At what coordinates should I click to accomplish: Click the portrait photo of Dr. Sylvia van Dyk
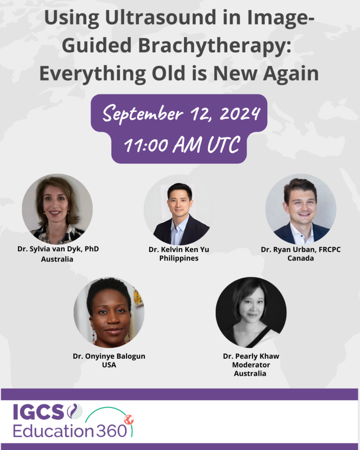tap(57, 209)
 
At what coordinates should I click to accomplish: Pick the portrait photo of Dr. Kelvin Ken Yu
tap(179, 210)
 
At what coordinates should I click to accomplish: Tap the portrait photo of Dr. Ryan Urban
tap(301, 209)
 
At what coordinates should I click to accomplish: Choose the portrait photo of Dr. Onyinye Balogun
tap(109, 312)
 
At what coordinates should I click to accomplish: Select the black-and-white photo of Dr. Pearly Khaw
tap(251, 312)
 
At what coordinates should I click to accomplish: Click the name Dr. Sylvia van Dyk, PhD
tap(58, 249)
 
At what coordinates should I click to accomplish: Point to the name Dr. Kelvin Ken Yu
tap(179, 250)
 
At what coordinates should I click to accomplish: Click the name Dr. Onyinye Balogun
tap(109, 356)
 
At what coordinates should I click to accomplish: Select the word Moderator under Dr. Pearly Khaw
tap(251, 365)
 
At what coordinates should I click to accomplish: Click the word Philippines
tap(179, 258)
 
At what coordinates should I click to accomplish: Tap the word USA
tap(109, 365)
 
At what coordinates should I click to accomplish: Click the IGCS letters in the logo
tap(38, 412)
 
